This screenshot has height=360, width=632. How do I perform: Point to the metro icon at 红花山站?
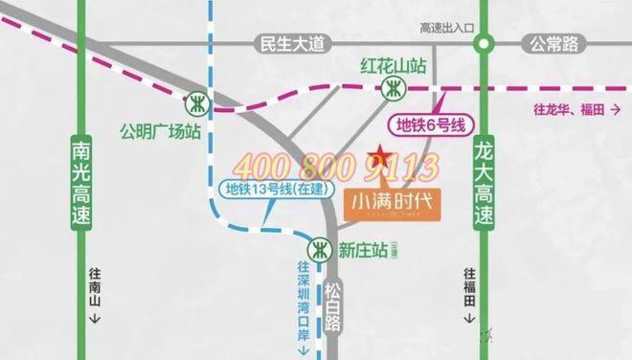pyautogui.click(x=393, y=90)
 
